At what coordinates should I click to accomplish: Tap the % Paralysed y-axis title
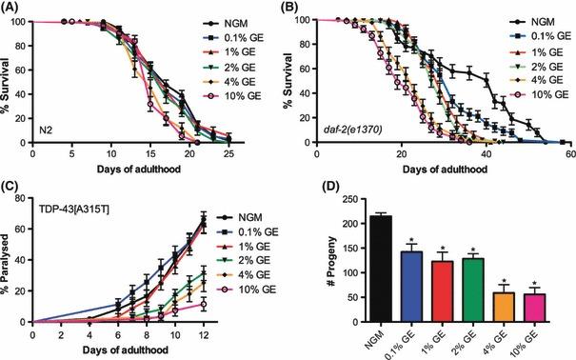coord(10,260)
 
